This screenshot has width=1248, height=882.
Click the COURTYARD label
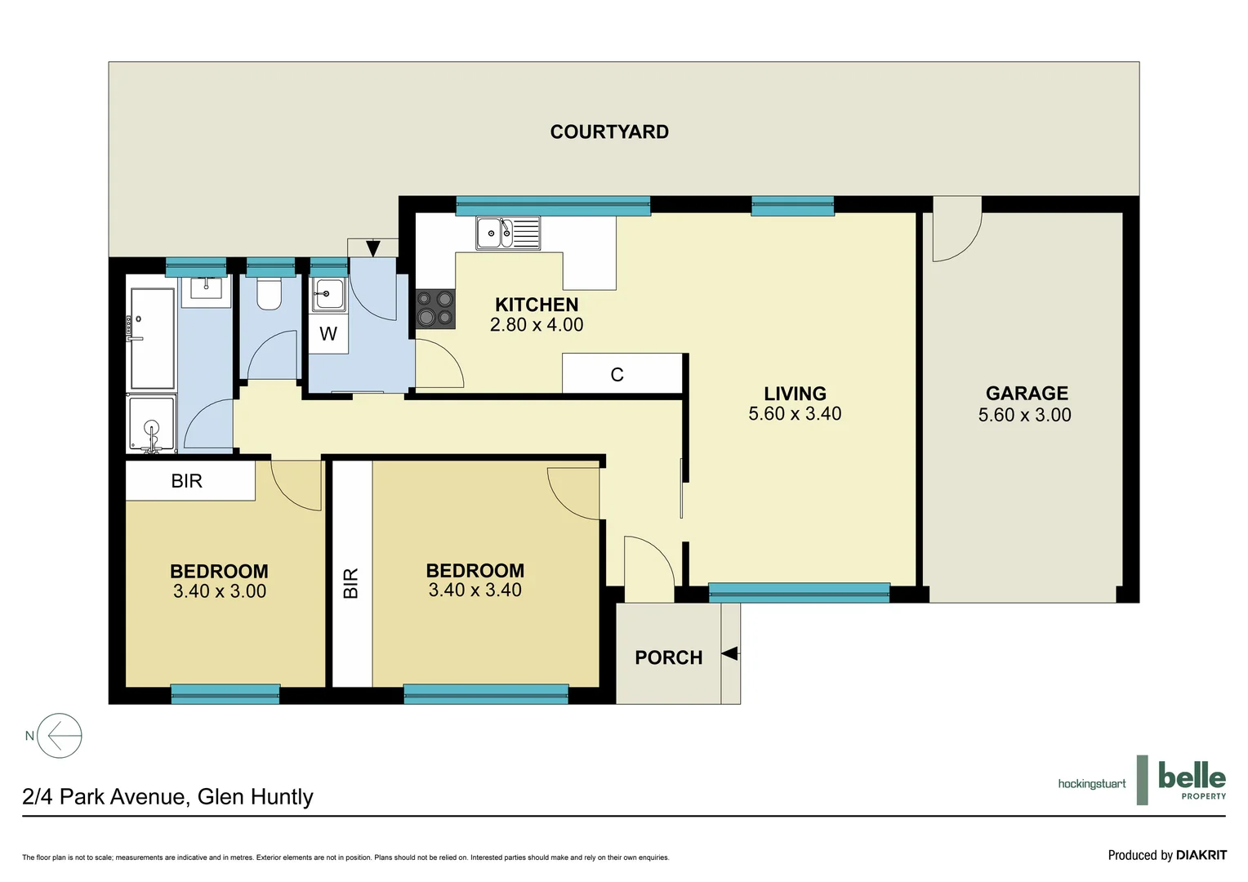coord(609,131)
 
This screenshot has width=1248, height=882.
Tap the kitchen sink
coord(507,233)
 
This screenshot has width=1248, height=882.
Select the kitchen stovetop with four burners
coord(435,309)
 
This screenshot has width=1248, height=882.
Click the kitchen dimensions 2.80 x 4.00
coord(537,325)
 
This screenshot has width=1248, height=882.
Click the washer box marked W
coord(328,334)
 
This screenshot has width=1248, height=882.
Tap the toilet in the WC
coord(269,293)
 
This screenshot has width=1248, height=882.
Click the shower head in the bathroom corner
coord(151,428)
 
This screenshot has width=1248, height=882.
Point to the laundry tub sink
coord(328,294)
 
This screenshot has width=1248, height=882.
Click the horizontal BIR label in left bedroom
coord(187,481)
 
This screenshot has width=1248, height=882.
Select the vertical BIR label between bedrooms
coord(351,583)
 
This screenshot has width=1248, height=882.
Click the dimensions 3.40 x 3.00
coord(220,591)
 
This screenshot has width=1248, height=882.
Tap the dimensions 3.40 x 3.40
coord(475,590)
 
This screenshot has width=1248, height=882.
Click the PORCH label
coord(668,657)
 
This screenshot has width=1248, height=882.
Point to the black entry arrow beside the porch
coord(730,653)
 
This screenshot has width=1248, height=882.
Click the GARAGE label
coord(1027,394)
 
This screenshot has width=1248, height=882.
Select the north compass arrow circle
coord(60,736)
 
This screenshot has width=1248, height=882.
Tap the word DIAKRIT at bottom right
coord(1201,855)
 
